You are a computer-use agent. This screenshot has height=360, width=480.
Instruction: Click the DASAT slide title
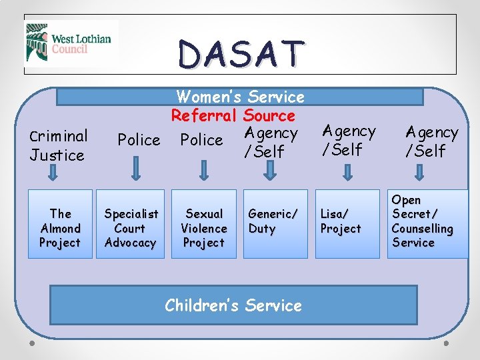[x=241, y=53]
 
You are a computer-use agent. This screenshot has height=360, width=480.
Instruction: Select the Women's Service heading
[x=240, y=97]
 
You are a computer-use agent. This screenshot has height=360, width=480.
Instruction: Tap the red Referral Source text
[x=233, y=115]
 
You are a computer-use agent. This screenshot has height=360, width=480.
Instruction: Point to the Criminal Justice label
[x=58, y=145]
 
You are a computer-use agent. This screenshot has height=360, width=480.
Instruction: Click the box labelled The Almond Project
[x=60, y=228]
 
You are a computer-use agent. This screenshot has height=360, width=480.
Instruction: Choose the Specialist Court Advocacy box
[x=131, y=228]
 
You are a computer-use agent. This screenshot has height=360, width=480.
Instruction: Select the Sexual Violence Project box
[x=204, y=228]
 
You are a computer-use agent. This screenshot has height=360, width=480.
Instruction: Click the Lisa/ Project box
[x=346, y=223]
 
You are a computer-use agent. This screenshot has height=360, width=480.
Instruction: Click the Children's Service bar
[x=233, y=305]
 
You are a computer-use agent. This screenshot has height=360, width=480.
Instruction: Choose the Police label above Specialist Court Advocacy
[x=139, y=140]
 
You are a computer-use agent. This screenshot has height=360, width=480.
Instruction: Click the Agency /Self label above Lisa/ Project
[x=349, y=140]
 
